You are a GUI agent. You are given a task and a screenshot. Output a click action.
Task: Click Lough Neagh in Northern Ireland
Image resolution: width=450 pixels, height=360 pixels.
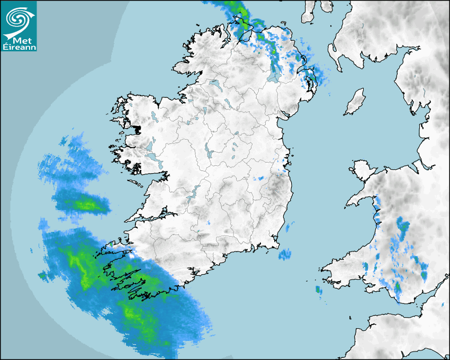pos(274,74)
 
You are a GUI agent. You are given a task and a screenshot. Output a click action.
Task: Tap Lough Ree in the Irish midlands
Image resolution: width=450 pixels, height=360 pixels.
pos(208,151)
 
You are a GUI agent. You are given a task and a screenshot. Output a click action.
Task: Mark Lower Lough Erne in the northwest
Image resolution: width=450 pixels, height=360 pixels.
pos(215,84)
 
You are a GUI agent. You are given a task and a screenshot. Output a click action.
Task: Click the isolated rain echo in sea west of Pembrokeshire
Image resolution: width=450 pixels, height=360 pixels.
pos(318,290)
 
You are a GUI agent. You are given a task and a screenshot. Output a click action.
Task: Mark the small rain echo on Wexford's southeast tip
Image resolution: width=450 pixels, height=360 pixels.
pos(285,255)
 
